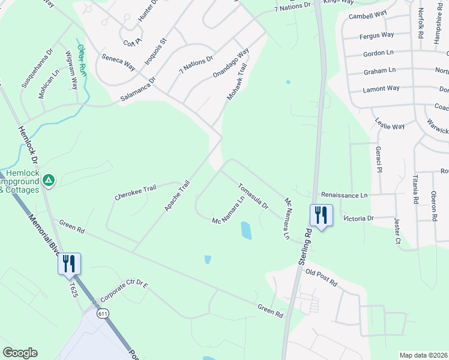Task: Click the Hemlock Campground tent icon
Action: click(x=49, y=179)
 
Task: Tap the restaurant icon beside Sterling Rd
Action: click(x=319, y=215)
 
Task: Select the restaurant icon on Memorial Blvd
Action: click(x=68, y=263)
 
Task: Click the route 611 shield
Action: click(x=103, y=313)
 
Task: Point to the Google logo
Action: click(x=20, y=353)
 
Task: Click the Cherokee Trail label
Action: click(x=135, y=193)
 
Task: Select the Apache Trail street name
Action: click(x=177, y=196)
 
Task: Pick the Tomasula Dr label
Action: click(x=253, y=196)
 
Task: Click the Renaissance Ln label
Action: click(x=344, y=195)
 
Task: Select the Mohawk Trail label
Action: click(x=237, y=83)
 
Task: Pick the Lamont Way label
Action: click(x=381, y=88)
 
